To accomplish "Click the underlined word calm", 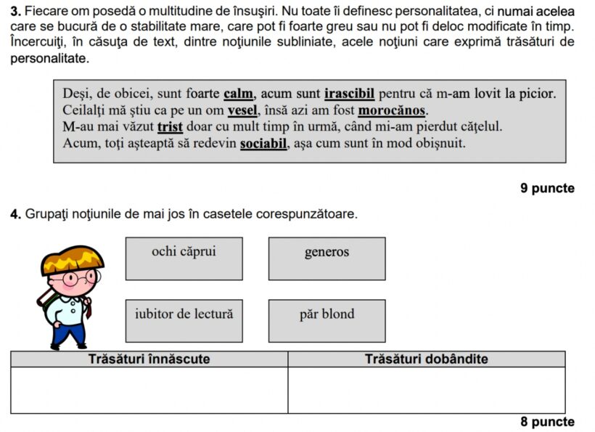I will [239, 94].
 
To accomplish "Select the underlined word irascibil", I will [350, 94].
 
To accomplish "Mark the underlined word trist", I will [170, 127].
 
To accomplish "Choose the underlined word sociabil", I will [264, 143].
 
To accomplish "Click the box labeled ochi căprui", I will [184, 258].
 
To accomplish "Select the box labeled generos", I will [327, 258].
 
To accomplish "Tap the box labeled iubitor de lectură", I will [184, 320].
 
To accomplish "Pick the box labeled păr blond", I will [327, 320].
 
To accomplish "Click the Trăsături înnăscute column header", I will [149, 359].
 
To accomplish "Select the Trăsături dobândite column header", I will [426, 359].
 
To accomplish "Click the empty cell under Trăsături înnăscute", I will [149, 390].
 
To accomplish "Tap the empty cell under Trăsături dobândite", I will [426, 390].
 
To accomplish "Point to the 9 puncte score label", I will [547, 189].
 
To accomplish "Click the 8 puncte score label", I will [547, 422].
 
